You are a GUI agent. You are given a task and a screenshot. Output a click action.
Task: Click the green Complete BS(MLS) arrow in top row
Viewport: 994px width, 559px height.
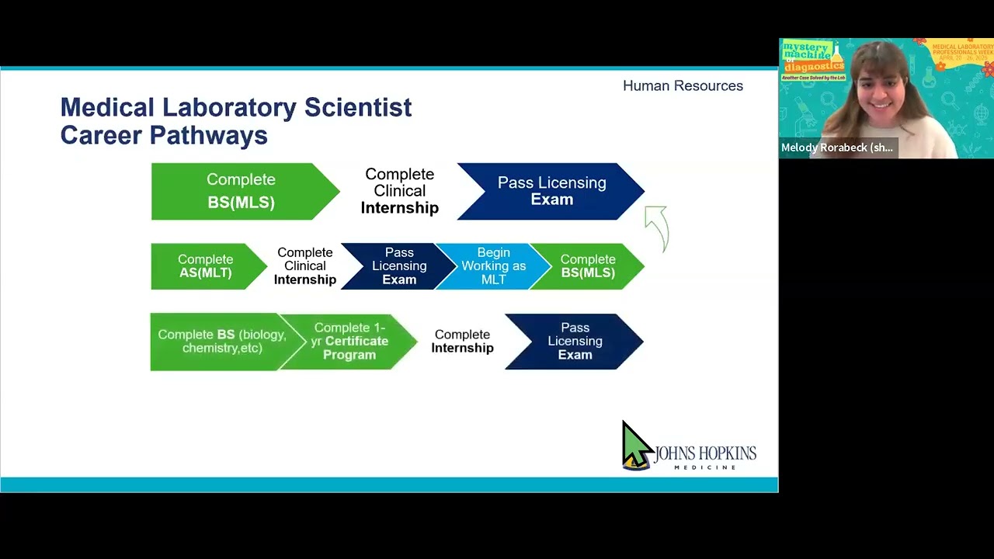[x=242, y=191]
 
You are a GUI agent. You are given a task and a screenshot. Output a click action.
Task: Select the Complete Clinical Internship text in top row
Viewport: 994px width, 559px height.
[x=399, y=191]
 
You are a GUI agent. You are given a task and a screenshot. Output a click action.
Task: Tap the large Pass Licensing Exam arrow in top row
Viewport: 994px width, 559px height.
[x=551, y=191]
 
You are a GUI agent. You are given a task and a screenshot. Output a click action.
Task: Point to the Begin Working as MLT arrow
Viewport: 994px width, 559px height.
[x=492, y=266]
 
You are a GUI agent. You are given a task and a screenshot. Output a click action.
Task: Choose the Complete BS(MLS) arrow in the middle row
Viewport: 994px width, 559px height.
[x=587, y=266]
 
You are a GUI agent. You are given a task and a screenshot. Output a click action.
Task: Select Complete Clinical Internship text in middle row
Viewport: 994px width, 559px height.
[x=304, y=266]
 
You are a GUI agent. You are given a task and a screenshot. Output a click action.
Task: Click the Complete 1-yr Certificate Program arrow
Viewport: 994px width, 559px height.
[x=349, y=342]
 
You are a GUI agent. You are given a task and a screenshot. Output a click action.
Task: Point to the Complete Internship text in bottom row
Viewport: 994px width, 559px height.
[x=462, y=342]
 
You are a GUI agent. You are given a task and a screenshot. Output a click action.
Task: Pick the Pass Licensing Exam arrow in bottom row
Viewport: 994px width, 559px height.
[x=574, y=342]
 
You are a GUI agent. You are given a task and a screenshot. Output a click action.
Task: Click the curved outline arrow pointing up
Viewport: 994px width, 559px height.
[x=657, y=227]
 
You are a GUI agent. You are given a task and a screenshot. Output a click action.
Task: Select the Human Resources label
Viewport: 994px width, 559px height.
[x=683, y=86]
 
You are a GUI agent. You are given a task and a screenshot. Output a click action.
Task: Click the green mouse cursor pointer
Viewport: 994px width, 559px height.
[x=635, y=444]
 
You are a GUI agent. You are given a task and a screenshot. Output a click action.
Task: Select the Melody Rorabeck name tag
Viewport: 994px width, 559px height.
[x=837, y=148]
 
